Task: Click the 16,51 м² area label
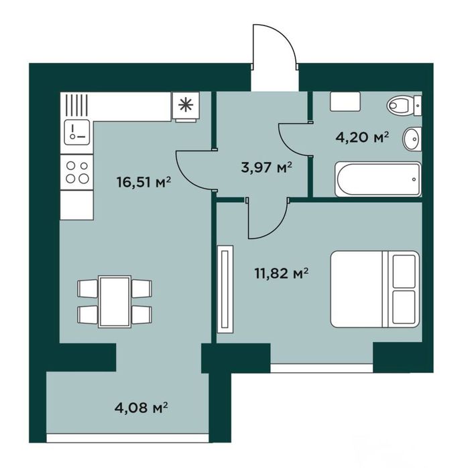pos(143,182)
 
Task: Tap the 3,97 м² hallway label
pos(267,167)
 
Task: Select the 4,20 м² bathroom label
pos(362,137)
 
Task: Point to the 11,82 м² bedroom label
pos(282,273)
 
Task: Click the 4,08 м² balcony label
pos(141,408)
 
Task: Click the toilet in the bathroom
pos(404,105)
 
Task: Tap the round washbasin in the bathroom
pos(412,139)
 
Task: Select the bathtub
pos(378,179)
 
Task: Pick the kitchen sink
pos(77,132)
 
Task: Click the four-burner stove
pos(77,172)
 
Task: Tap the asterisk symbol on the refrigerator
pos(186,105)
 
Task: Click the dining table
pos(115,302)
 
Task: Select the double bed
pos(375,289)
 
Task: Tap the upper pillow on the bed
pos(404,271)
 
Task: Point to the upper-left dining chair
pos(88,289)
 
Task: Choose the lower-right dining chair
pos(141,315)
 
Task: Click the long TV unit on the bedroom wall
pos(225,289)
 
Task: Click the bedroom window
pos(322,368)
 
